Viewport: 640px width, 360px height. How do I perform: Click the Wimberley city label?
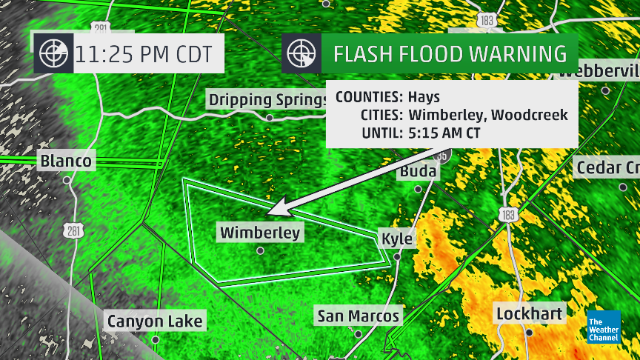260,233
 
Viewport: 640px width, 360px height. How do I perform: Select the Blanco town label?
67,161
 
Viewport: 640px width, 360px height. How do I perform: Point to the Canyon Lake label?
155,321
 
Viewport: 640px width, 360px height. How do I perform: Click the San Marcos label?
359,316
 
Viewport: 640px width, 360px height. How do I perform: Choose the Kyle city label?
396,239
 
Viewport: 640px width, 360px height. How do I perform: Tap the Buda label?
419,172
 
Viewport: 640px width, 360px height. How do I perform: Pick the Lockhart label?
530,313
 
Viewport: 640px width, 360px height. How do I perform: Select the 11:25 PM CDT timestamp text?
143,54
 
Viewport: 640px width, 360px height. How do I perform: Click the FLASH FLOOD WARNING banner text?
450,54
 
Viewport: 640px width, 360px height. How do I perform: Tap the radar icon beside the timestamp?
53,53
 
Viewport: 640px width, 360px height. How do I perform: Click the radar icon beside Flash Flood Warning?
301,53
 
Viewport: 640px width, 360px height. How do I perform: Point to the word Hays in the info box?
424,97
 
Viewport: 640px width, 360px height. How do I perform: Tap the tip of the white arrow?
269,213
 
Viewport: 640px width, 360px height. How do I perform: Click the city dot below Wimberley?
260,250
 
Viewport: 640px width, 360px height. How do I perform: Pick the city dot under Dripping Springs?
270,117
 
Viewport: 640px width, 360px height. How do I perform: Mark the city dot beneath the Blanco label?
67,179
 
